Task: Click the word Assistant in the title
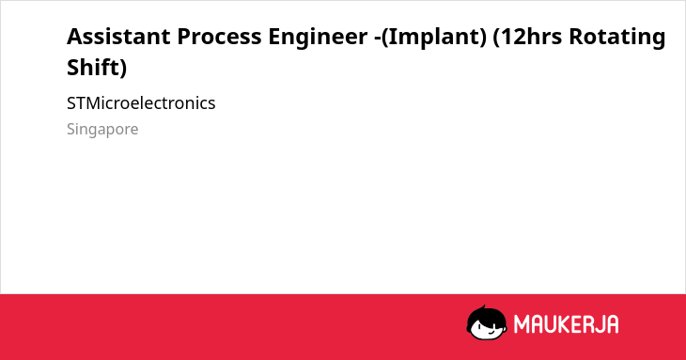pyautogui.click(x=118, y=37)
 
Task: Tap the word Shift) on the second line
pyautogui.click(x=97, y=69)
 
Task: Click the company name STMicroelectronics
pyautogui.click(x=141, y=103)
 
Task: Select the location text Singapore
pyautogui.click(x=102, y=130)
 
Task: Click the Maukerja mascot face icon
pyautogui.click(x=487, y=323)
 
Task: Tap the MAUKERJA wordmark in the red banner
pyautogui.click(x=566, y=324)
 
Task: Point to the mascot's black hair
pyautogui.click(x=486, y=315)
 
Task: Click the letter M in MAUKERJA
pyautogui.click(x=522, y=324)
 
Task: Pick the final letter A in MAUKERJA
pyautogui.click(x=612, y=324)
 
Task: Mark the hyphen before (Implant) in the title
pyautogui.click(x=378, y=39)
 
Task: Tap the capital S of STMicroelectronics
pyautogui.click(x=71, y=103)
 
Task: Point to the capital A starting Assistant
pyautogui.click(x=74, y=37)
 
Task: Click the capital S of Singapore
pyautogui.click(x=71, y=129)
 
